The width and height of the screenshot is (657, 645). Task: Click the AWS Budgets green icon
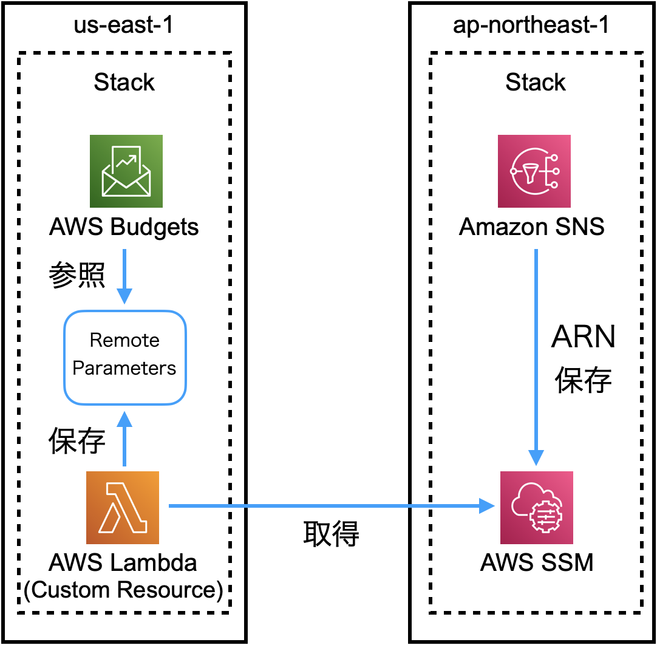[126, 171]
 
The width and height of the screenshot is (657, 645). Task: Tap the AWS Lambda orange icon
[123, 507]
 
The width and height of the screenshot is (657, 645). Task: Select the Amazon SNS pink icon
[534, 171]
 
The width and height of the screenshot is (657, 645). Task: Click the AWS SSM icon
[537, 507]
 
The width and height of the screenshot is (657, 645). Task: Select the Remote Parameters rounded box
[124, 357]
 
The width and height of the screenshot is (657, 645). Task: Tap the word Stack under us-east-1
[124, 83]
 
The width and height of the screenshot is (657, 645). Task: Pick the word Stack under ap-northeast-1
[536, 83]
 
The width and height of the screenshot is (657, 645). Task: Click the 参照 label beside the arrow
[77, 275]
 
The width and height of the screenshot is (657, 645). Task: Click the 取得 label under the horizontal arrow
[331, 534]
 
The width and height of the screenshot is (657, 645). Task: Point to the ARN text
[583, 337]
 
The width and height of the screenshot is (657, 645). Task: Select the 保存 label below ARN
[583, 380]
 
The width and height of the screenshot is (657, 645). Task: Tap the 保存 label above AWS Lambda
[77, 442]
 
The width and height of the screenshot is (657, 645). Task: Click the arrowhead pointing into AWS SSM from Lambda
[488, 505]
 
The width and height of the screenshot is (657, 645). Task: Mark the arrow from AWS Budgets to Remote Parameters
[124, 276]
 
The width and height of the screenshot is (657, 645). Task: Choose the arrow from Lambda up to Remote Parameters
[124, 439]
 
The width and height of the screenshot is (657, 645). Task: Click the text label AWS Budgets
[124, 227]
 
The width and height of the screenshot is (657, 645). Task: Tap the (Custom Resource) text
[124, 590]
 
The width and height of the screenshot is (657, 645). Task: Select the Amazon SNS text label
[532, 227]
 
